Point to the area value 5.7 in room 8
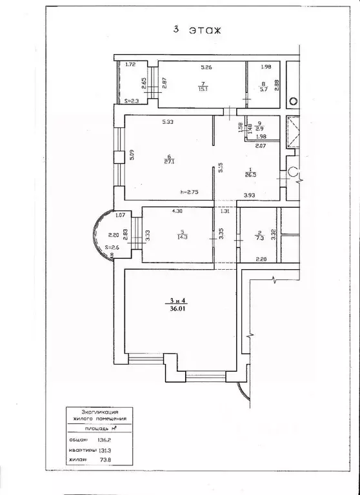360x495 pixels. pos(265,90)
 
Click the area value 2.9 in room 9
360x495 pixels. pos(259,129)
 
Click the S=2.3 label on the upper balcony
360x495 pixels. pos(132,101)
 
